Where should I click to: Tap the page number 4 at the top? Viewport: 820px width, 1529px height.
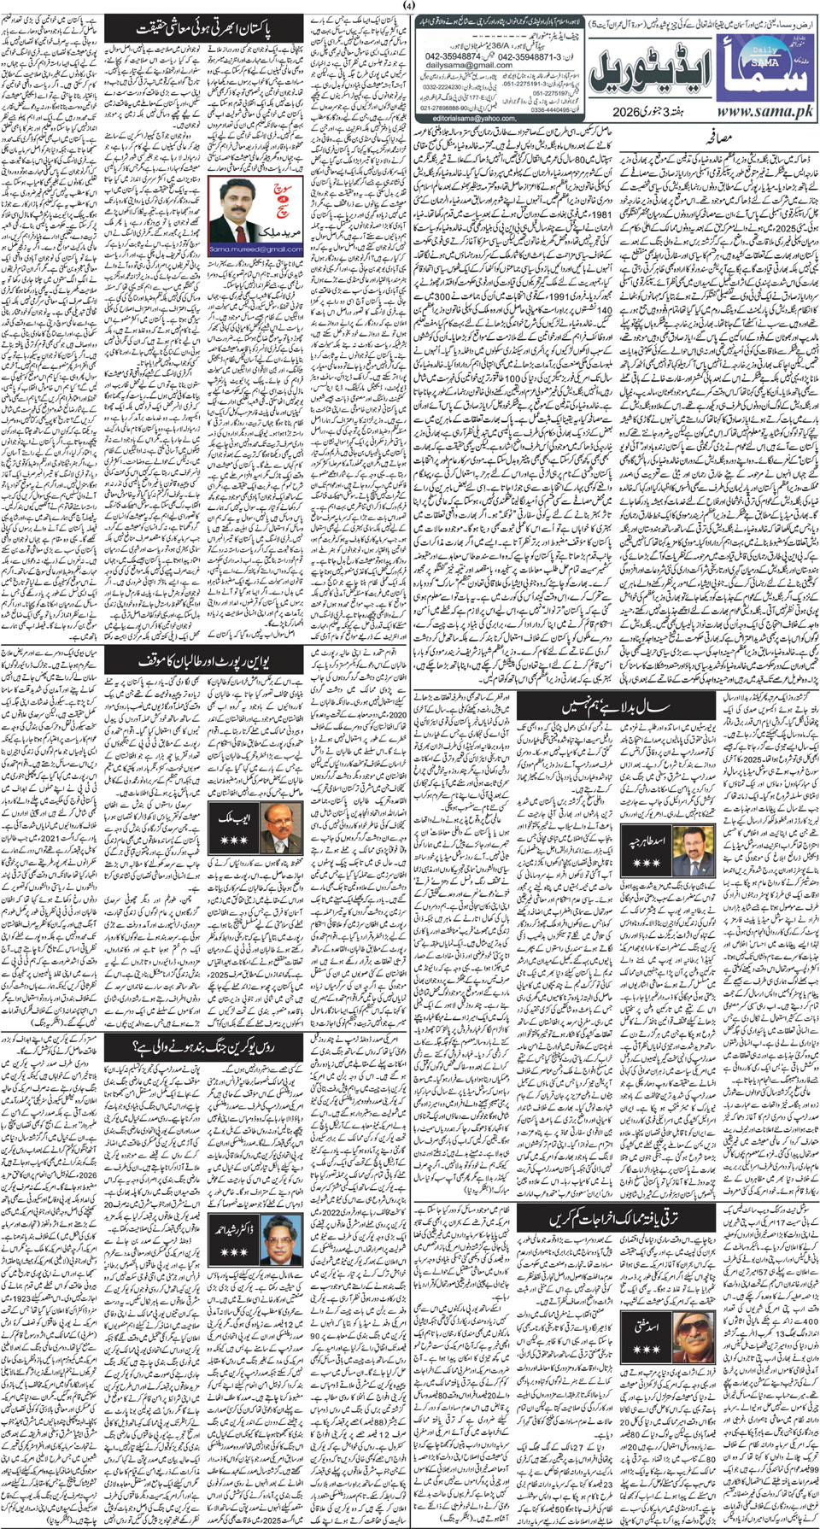pyautogui.click(x=409, y=7)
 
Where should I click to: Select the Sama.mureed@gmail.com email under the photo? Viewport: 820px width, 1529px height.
pyautogui.click(x=256, y=249)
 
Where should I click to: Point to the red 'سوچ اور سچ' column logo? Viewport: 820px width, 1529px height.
pyautogui.click(x=281, y=198)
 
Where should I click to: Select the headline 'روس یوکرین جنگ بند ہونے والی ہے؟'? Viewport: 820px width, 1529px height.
pyautogui.click(x=205, y=1048)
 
